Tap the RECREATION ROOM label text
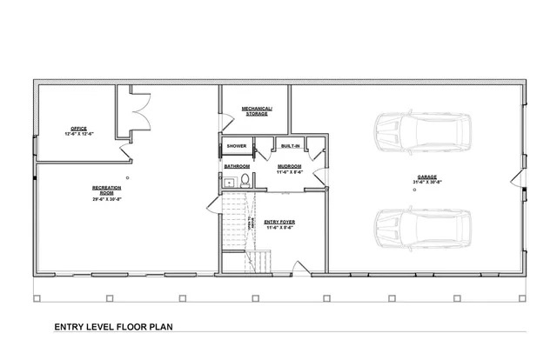point(106,190)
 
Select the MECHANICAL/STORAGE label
point(256,110)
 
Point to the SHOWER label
point(237,146)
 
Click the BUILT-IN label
point(290,146)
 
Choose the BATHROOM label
point(237,165)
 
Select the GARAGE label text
point(426,177)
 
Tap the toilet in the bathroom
point(246,182)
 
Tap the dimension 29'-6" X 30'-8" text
point(106,199)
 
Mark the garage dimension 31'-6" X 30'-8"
point(426,183)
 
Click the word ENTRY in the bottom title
point(70,328)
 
